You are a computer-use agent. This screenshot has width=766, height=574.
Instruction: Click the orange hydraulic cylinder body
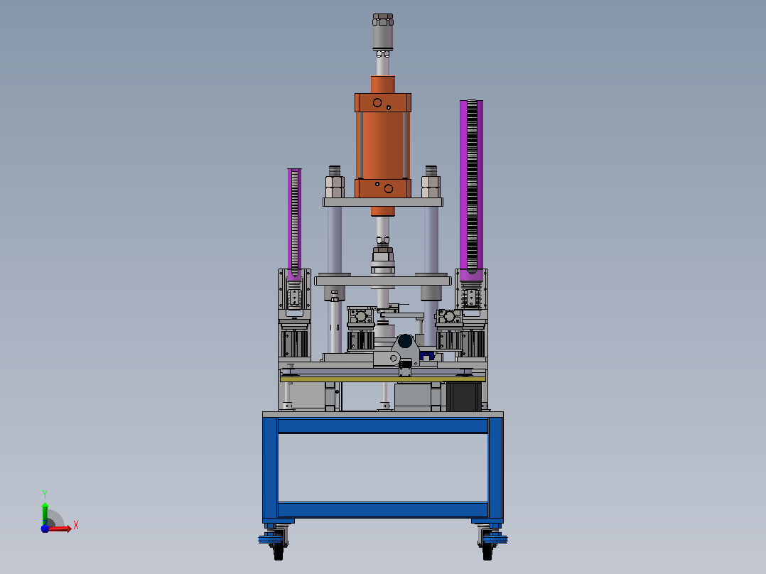point(383,145)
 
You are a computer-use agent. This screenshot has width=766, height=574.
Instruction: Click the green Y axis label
point(45,494)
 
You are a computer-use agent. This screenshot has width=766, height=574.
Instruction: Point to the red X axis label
point(76,526)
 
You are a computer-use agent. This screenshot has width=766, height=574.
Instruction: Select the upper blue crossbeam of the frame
point(383,426)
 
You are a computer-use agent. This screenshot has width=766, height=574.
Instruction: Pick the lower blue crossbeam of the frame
point(383,509)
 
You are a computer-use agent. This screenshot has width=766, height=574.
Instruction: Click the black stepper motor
point(463,396)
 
